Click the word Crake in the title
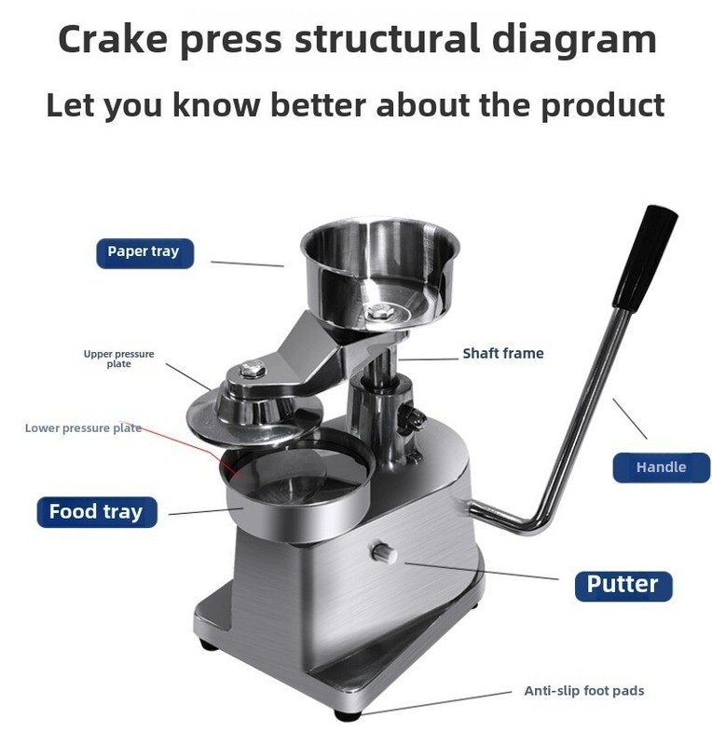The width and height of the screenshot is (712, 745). point(113,38)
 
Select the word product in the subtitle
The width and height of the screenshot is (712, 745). point(603,105)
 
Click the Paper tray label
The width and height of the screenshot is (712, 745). point(145,253)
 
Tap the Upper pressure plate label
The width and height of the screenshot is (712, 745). point(119,359)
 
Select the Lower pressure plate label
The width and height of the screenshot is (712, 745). point(83,428)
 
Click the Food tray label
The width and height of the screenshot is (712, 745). point(97,511)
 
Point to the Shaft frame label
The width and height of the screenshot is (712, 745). point(503,354)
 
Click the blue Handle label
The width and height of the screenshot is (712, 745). point(661,467)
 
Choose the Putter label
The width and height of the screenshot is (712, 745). point(623,586)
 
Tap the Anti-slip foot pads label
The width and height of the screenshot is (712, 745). point(584,690)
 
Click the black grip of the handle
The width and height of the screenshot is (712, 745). point(646,259)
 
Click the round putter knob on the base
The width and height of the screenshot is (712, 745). point(383,552)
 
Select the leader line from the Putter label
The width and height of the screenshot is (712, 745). point(481,571)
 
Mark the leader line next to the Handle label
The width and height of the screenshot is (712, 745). point(630,418)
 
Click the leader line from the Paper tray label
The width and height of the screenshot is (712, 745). point(247,264)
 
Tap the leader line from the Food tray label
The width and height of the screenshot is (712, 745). point(206,511)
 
